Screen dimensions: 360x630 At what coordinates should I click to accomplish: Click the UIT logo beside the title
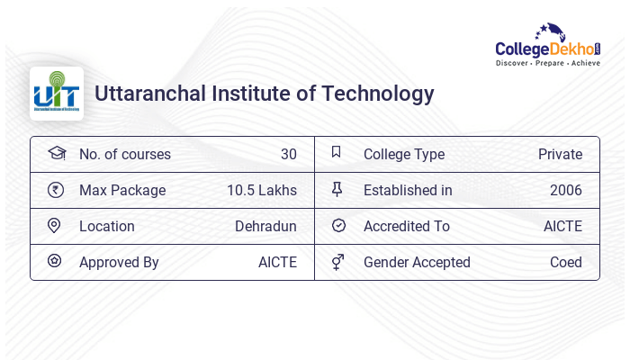57,94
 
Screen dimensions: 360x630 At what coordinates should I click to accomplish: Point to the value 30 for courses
288,155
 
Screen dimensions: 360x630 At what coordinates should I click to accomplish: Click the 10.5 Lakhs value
262,191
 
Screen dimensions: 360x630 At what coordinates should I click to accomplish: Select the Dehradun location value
265,227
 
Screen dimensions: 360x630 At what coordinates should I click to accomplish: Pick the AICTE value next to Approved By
277,263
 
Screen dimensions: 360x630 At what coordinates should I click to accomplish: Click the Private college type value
560,155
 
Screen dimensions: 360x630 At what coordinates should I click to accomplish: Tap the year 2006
565,191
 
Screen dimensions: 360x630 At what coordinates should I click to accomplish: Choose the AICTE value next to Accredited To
562,227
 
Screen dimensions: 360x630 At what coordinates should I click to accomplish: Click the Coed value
565,263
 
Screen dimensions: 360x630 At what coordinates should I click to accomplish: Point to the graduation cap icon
56,153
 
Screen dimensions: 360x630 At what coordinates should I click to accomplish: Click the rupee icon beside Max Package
55,190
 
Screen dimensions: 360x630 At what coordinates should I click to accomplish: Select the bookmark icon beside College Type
336,153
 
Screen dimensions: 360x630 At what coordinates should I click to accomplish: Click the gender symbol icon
337,262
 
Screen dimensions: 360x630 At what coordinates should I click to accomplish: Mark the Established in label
408,191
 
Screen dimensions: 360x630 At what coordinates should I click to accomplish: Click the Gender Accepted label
417,263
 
